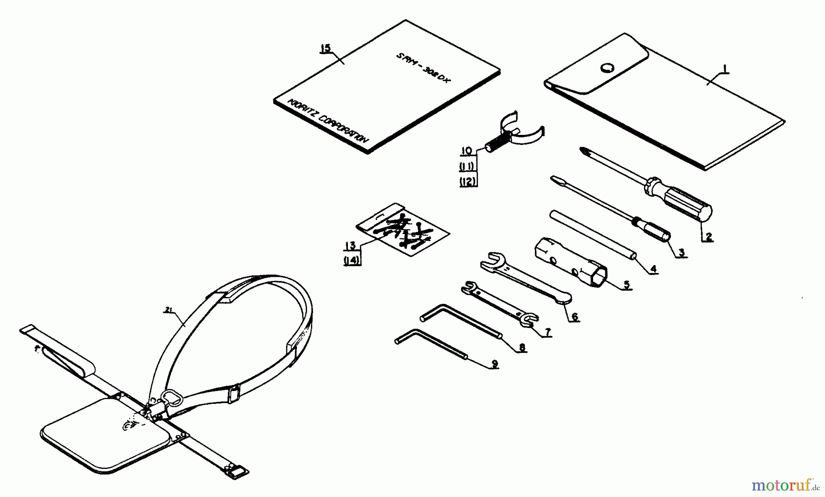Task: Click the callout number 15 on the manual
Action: pos(325,48)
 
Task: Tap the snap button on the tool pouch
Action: pos(608,68)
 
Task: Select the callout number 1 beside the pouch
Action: pos(725,69)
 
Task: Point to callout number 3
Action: pos(682,252)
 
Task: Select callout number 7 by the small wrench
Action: pos(547,333)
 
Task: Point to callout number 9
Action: pos(494,364)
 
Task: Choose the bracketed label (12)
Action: pos(468,182)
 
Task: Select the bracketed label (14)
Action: pos(352,261)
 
